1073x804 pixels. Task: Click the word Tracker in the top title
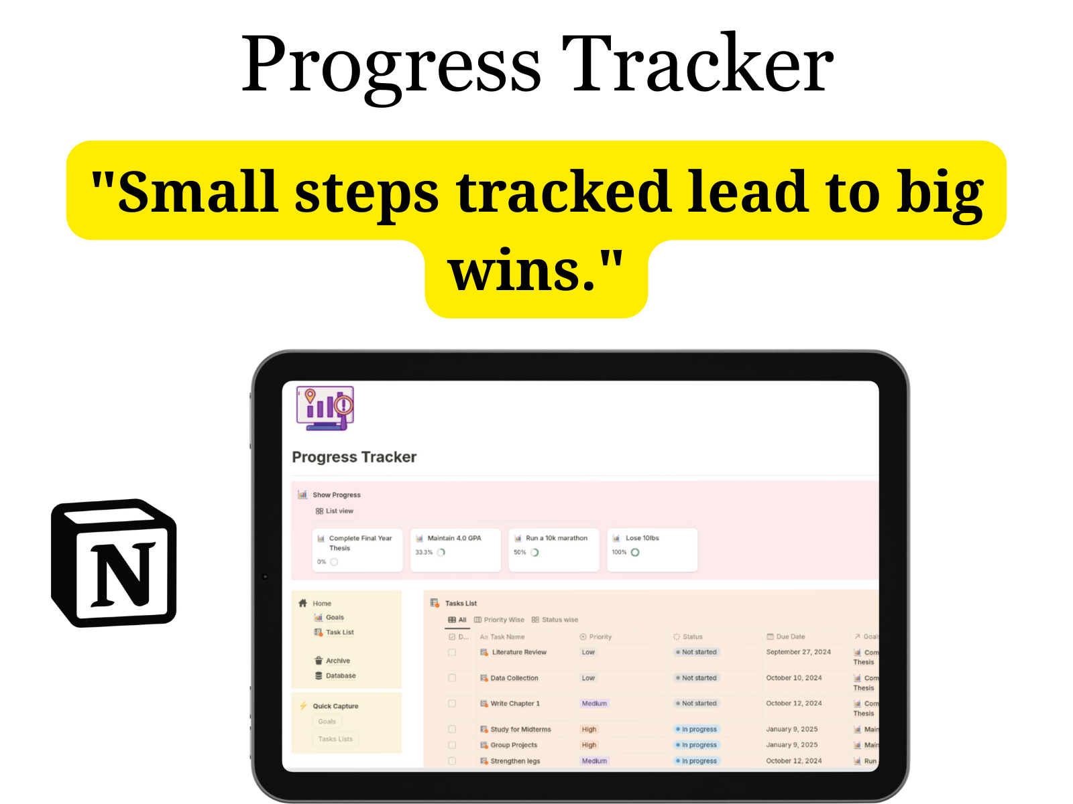(x=697, y=65)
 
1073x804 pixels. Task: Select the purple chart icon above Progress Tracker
(x=325, y=407)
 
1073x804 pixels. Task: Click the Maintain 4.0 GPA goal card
(x=455, y=549)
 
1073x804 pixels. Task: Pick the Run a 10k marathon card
(x=553, y=549)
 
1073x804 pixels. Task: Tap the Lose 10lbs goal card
(x=651, y=549)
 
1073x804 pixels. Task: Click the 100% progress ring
(x=635, y=553)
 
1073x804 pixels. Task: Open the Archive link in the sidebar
(x=337, y=661)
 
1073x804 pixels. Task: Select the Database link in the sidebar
(x=340, y=676)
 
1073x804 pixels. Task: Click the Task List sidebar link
(x=339, y=632)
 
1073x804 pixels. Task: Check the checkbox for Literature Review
(x=452, y=652)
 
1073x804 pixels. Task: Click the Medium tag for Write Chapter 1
(x=594, y=703)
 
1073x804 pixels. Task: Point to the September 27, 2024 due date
(x=798, y=652)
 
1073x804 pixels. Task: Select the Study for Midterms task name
(x=520, y=730)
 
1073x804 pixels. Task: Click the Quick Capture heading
(x=335, y=706)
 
